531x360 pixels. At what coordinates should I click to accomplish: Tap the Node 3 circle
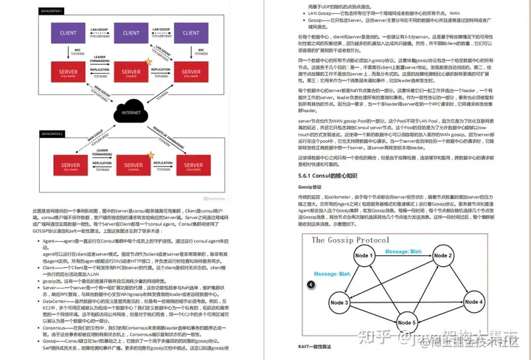click(x=339, y=302)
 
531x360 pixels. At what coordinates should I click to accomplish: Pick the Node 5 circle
click(x=405, y=322)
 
